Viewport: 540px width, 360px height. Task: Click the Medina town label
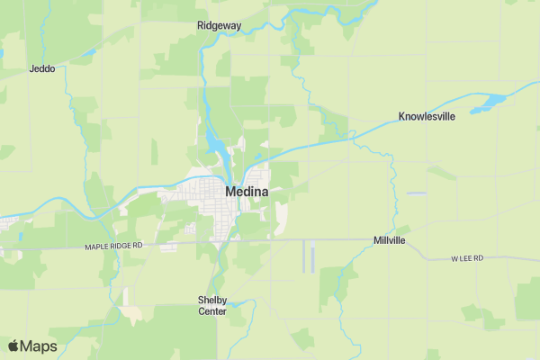click(246, 192)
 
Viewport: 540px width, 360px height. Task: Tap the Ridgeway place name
click(219, 26)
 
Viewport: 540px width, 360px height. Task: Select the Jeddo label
click(42, 68)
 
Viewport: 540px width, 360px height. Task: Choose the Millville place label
click(389, 241)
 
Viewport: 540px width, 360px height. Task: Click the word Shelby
click(212, 300)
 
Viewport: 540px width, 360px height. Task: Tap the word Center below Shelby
click(212, 311)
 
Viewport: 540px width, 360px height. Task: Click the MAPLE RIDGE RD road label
click(114, 246)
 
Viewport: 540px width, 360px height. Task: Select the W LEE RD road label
click(467, 258)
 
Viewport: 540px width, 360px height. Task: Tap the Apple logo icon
click(13, 346)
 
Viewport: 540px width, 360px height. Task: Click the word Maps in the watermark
click(39, 346)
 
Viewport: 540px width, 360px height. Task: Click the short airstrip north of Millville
click(415, 193)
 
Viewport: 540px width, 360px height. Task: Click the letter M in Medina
click(230, 192)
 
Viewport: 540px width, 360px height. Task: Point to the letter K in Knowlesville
click(402, 117)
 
